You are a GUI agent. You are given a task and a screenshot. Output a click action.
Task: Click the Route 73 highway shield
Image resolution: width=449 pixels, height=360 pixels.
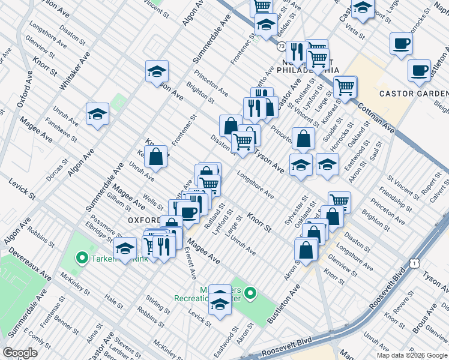click(x=282, y=46)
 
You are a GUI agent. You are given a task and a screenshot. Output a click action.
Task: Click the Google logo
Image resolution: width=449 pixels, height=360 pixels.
click(x=20, y=353)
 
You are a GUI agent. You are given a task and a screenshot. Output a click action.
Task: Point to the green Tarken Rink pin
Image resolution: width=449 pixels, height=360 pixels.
click(x=82, y=258)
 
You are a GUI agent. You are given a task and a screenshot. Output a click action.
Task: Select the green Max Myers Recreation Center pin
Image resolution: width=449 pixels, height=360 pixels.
click(x=251, y=293)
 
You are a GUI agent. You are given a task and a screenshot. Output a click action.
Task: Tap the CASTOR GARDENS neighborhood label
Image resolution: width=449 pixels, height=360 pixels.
click(x=414, y=94)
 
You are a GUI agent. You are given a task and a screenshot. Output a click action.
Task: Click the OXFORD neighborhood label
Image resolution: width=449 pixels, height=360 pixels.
click(x=143, y=220)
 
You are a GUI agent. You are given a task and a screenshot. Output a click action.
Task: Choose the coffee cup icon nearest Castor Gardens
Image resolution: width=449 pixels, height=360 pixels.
click(x=418, y=70)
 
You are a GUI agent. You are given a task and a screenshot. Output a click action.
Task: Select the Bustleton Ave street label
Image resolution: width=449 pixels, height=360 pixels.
click(x=284, y=305)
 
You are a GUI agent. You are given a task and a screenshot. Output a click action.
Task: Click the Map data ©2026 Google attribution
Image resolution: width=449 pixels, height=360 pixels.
click(x=412, y=355)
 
